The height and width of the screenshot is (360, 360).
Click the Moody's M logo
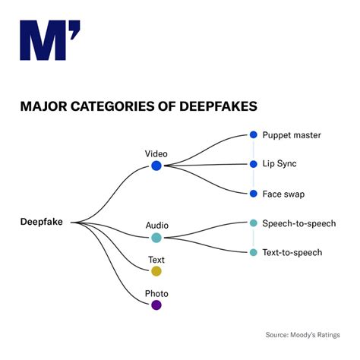point(49,41)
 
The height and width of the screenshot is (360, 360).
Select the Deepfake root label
point(42,222)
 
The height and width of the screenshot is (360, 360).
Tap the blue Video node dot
point(156,166)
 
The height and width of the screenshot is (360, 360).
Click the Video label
point(156,153)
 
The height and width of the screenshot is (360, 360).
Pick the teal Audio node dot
point(156,237)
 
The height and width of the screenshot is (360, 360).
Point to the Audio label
point(156,225)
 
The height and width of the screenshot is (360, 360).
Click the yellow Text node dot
point(156,271)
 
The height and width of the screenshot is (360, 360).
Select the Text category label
point(156,260)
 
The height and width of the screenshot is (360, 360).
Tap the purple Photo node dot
point(156,305)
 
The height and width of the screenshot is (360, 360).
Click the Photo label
point(156,293)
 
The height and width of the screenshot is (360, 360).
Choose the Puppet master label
point(292,135)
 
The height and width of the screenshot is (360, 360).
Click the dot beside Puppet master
point(254,135)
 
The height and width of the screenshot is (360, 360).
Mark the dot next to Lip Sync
point(254,164)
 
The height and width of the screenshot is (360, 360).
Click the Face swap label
point(283,194)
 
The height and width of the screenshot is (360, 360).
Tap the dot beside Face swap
point(254,194)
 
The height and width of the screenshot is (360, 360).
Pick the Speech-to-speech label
point(298,223)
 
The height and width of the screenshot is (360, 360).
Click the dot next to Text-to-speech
point(254,252)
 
